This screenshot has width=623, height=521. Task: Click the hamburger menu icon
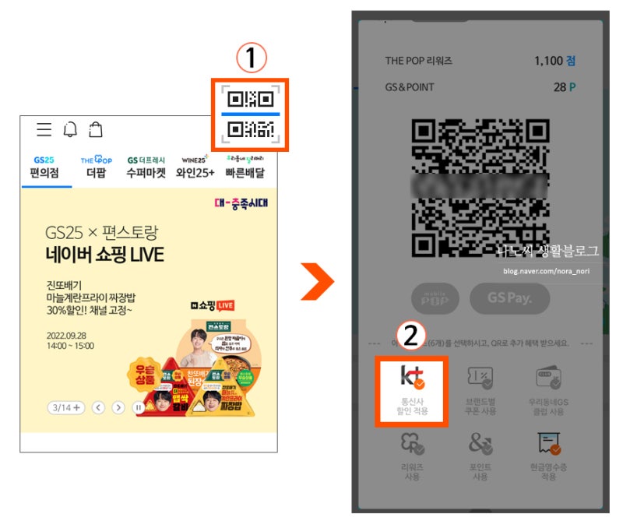[44, 129]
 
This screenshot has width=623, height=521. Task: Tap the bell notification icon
[70, 129]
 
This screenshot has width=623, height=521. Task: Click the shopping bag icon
[95, 129]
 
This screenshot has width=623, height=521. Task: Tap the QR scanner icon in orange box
[251, 114]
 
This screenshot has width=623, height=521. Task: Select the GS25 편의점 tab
[45, 167]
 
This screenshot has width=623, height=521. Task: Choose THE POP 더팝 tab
[97, 167]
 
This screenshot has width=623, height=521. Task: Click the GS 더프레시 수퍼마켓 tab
[146, 167]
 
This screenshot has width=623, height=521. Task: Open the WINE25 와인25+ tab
[195, 167]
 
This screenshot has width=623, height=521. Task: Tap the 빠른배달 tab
[245, 167]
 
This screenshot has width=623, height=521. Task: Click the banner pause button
[139, 407]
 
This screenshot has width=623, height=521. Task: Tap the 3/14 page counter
[65, 407]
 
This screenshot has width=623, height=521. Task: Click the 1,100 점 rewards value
[554, 61]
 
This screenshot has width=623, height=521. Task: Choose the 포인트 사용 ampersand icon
[480, 455]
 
